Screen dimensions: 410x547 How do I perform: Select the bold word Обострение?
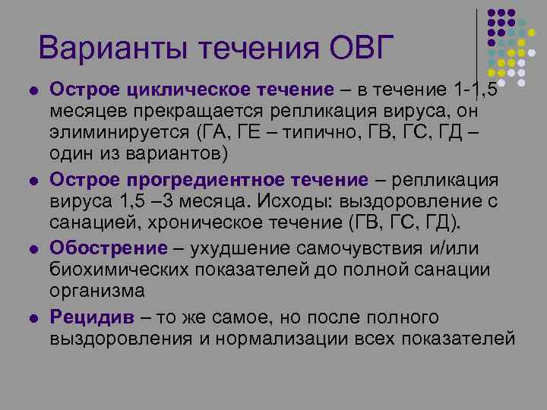[108, 248]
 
